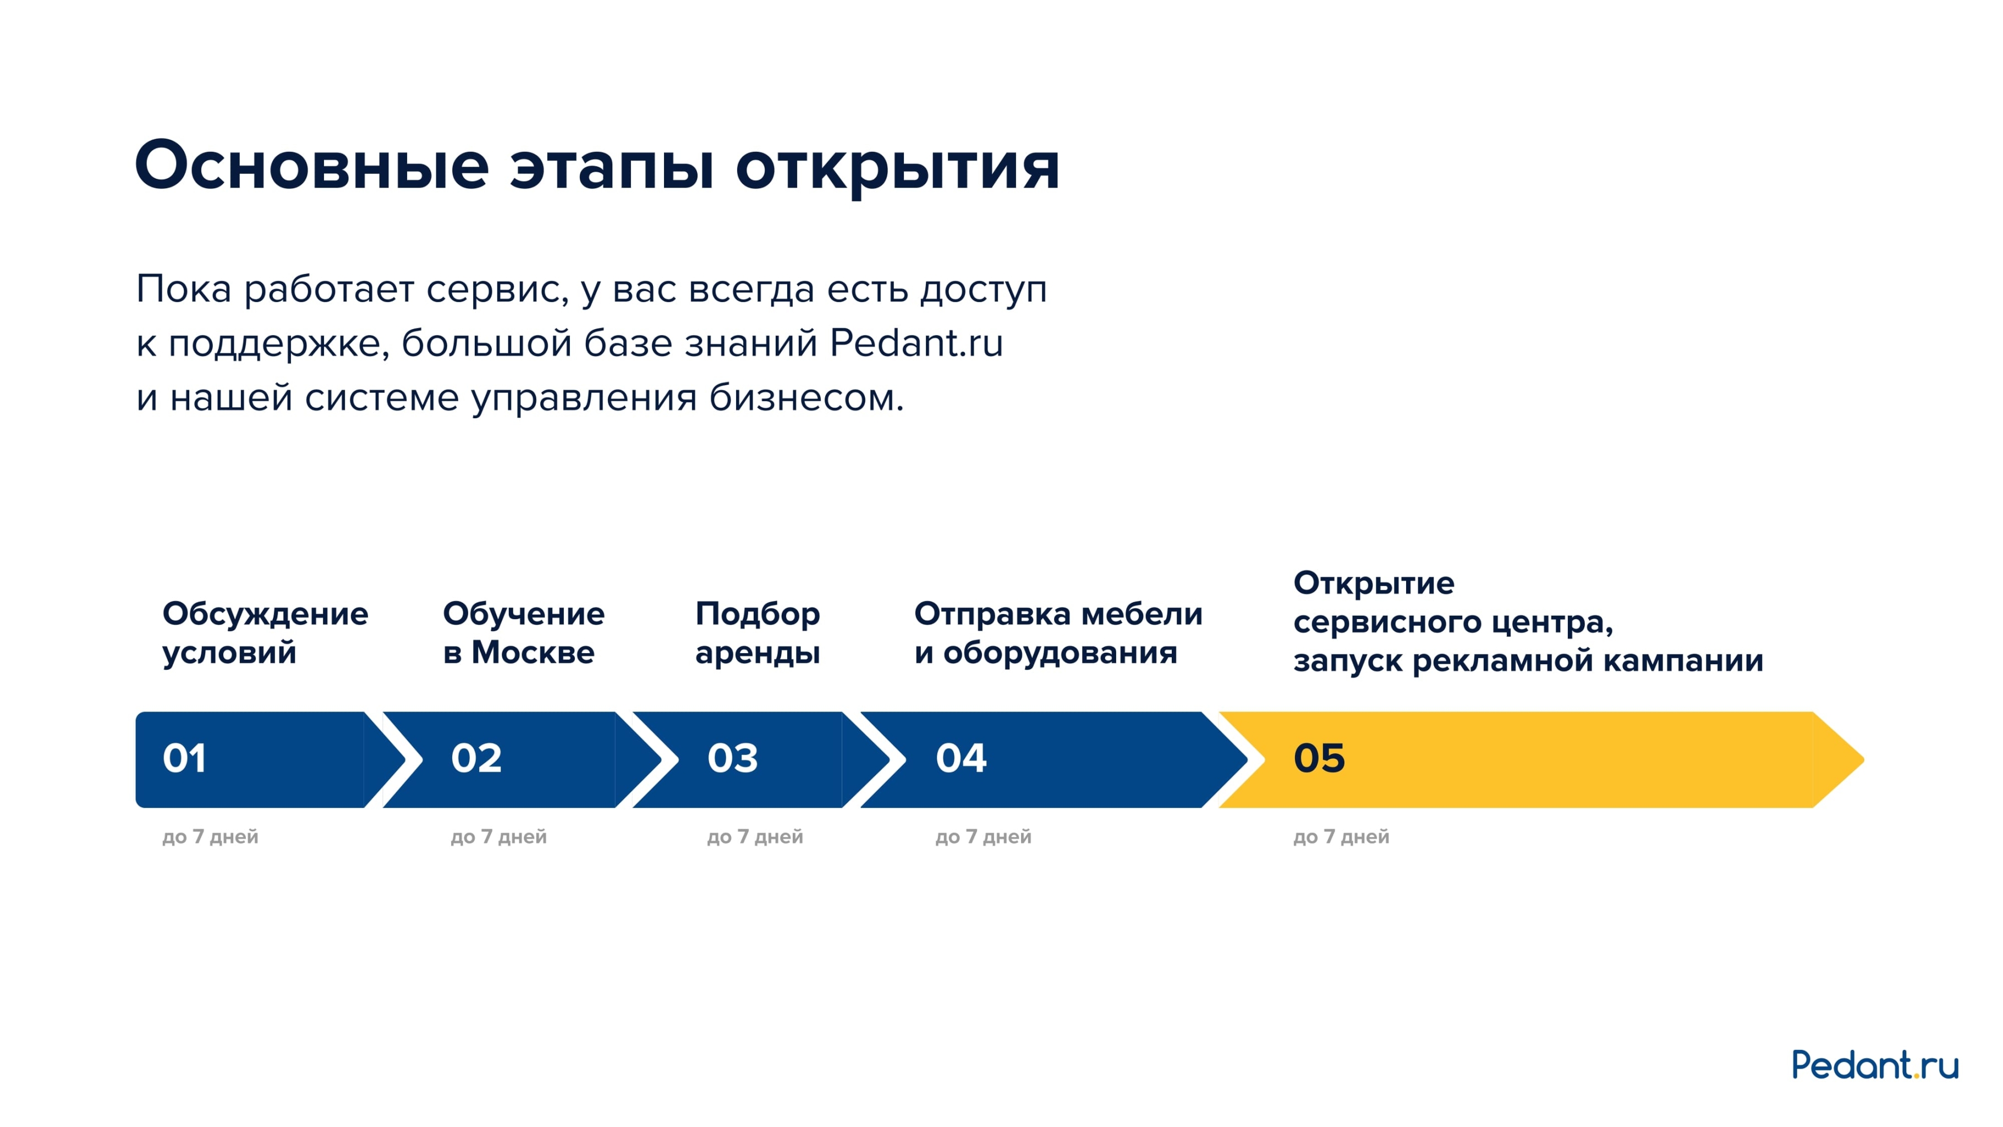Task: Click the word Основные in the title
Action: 311,166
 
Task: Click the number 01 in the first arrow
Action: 184,758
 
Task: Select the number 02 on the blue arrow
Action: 476,758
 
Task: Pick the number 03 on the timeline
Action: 732,758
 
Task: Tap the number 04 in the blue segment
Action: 961,758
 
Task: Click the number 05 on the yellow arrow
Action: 1319,758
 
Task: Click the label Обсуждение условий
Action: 265,632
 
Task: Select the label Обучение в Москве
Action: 523,632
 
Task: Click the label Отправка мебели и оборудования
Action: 1057,632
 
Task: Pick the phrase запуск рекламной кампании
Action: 1527,660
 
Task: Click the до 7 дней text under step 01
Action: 210,837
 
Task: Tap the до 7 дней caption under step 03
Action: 754,837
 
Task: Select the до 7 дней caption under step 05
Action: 1341,837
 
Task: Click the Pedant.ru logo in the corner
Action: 1874,1065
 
